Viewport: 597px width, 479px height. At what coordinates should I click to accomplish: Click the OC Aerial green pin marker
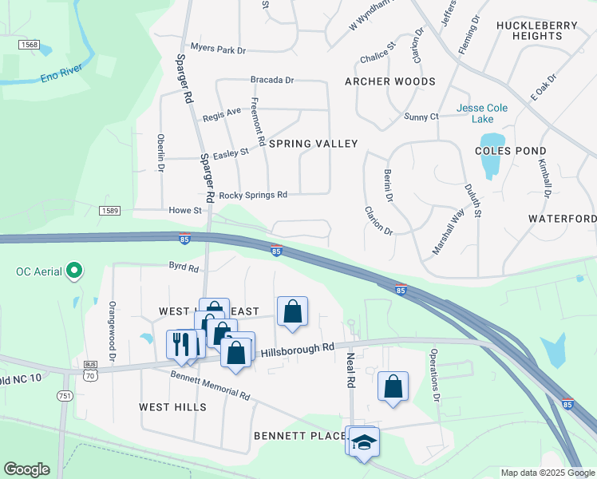(75, 271)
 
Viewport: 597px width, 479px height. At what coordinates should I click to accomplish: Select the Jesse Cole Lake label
(475, 113)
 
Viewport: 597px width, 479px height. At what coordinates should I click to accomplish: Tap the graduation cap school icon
(364, 441)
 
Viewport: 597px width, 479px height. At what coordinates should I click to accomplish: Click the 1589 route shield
(111, 211)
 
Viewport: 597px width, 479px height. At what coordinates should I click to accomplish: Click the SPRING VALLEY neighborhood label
(313, 144)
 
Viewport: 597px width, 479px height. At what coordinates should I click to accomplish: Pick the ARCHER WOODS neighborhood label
(389, 81)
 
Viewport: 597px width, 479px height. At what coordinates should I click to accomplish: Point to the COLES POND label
(510, 151)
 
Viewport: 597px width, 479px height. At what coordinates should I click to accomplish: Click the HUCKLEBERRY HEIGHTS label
(536, 30)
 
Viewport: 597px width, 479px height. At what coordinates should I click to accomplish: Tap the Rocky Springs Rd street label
(253, 195)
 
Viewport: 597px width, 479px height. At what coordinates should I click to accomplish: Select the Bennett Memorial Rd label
(210, 386)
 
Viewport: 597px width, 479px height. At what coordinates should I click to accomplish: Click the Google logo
(27, 469)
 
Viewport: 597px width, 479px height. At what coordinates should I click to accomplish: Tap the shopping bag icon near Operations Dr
(393, 386)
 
